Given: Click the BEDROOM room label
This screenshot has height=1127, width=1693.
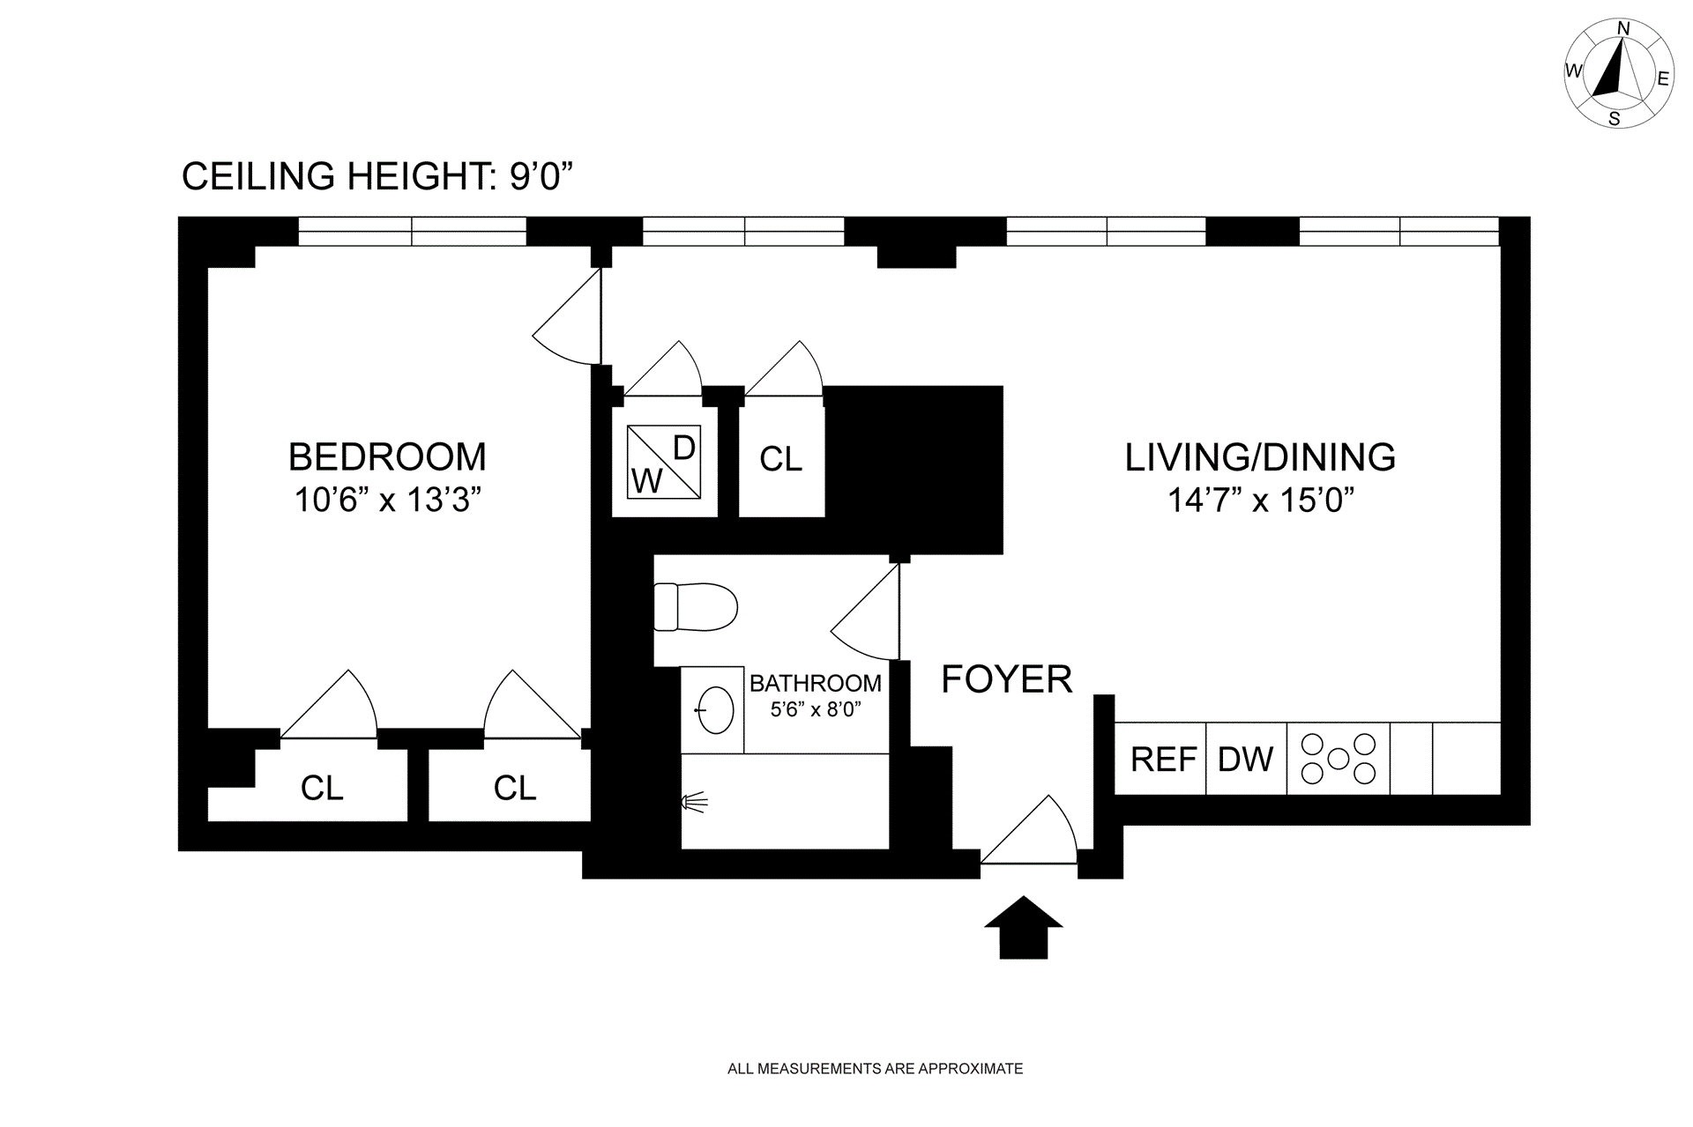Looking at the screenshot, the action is (x=387, y=456).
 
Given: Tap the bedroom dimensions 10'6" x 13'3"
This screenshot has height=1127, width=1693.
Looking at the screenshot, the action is (x=387, y=500).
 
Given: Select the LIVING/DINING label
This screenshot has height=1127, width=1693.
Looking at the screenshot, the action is (x=1260, y=457).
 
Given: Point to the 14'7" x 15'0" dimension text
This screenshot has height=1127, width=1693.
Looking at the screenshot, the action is (x=1260, y=500).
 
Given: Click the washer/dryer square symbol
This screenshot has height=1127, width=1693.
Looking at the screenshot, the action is (x=664, y=461).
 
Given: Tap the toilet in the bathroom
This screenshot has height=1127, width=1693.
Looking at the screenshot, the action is (x=695, y=607).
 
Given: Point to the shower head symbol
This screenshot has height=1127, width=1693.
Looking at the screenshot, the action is (x=696, y=802).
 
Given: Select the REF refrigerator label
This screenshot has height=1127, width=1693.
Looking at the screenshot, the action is (x=1164, y=760).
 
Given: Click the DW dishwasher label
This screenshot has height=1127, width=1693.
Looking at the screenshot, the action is (x=1245, y=760).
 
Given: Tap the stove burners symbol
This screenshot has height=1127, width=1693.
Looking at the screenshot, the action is (x=1338, y=759).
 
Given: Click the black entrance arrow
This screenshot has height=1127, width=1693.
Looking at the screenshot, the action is (x=1024, y=927).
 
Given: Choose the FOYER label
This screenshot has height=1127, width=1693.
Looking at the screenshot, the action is (x=1007, y=679).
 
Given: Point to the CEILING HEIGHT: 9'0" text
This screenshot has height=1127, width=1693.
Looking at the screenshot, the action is (x=377, y=176).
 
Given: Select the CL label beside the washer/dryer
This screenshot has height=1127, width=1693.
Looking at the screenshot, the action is (x=781, y=459).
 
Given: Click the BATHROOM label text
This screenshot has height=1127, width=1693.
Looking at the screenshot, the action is (x=816, y=683).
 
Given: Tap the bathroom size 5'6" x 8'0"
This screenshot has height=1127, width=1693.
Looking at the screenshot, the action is (x=816, y=709).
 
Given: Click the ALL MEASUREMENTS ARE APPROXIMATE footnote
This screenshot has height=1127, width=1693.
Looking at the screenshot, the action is (x=875, y=1069).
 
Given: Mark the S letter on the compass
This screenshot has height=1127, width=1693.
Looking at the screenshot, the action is (x=1615, y=119).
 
